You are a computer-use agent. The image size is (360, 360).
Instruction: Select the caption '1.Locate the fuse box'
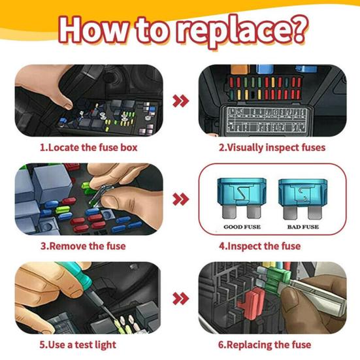88,148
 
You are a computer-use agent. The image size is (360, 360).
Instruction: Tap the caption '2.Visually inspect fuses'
271,148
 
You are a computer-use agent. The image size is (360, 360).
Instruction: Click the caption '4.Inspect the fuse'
259,246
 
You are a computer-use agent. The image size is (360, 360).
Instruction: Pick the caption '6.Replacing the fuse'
265,344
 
